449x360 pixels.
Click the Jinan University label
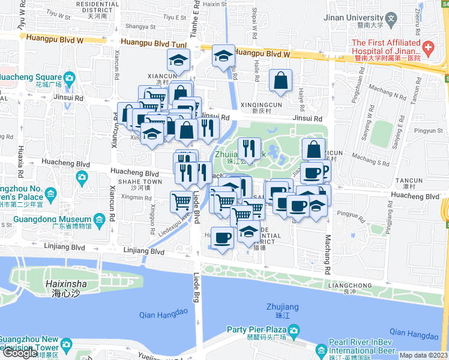[x=353, y=18]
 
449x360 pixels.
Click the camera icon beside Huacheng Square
[x=69, y=78]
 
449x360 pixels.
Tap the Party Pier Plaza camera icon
[x=293, y=330]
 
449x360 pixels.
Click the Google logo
[x=20, y=353]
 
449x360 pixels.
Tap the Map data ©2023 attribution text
[x=424, y=355]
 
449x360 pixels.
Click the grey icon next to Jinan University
[x=391, y=18]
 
